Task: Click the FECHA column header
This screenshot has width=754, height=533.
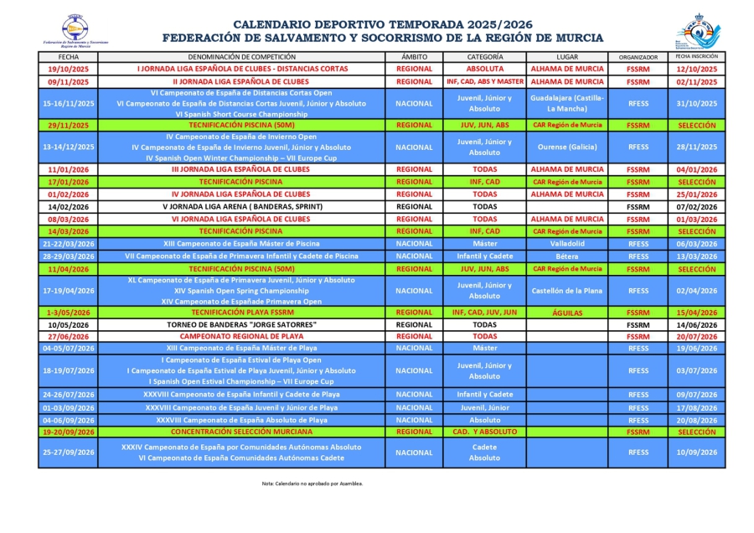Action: tap(69, 57)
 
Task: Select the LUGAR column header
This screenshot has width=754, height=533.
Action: tap(567, 57)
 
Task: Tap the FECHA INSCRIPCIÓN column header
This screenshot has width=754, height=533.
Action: tap(697, 57)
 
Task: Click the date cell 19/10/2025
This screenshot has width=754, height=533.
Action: tap(69, 69)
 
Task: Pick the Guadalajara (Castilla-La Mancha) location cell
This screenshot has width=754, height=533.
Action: tap(567, 104)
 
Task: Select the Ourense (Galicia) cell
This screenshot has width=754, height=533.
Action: tap(567, 147)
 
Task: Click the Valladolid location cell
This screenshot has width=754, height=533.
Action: tap(567, 244)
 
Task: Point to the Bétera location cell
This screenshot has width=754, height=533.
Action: tap(567, 256)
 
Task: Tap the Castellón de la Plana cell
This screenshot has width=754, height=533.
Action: tap(567, 291)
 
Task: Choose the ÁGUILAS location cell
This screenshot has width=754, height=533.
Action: tap(567, 313)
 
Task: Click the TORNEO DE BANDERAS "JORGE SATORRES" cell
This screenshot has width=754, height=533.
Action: tap(241, 324)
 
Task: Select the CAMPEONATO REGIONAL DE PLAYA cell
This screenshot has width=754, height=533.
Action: tap(241, 336)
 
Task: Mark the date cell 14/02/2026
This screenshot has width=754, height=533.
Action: tap(69, 206)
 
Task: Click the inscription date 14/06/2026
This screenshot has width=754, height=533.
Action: tap(697, 324)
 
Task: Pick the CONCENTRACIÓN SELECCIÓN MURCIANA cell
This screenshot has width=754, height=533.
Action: tap(241, 432)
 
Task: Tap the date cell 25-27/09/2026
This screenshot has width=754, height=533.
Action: tap(69, 453)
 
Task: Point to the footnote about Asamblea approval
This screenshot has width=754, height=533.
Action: tap(312, 484)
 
